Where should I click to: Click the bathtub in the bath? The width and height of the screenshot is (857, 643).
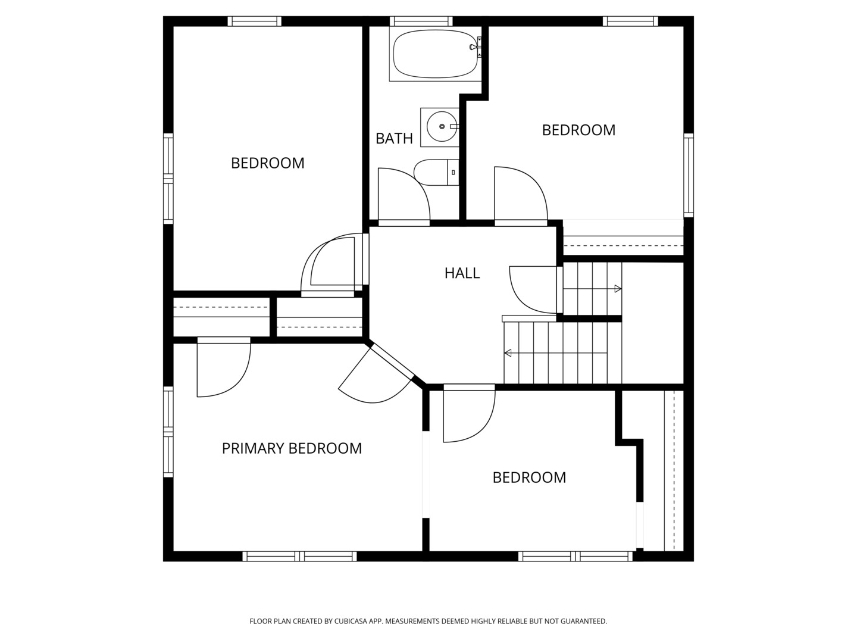(x=435, y=54)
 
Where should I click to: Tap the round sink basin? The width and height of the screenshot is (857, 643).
(x=442, y=126)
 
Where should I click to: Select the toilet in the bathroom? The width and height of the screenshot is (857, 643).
(x=436, y=172)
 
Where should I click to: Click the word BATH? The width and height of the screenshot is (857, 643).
(x=394, y=139)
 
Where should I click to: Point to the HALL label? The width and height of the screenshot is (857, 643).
(x=462, y=273)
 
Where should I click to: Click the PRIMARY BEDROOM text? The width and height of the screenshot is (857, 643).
(x=292, y=448)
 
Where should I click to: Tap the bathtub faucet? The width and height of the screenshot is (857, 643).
(x=476, y=47)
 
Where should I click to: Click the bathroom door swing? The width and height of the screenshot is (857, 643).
(x=404, y=194)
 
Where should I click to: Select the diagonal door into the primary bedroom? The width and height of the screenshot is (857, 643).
(x=375, y=374)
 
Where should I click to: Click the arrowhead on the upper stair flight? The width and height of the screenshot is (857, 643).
(x=618, y=289)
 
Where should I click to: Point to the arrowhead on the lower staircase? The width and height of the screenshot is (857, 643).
(x=508, y=353)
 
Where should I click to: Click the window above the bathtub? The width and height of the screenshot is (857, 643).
(x=421, y=21)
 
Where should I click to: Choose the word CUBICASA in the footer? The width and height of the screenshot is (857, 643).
(x=351, y=621)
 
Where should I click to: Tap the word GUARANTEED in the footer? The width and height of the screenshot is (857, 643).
(x=584, y=621)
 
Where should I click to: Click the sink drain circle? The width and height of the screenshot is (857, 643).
(x=442, y=126)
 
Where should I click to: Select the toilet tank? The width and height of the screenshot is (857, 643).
(x=453, y=172)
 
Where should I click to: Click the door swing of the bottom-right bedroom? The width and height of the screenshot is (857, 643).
(x=469, y=416)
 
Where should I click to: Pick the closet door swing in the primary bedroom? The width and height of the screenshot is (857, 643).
(x=223, y=370)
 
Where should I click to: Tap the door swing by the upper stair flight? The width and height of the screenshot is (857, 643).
(x=533, y=290)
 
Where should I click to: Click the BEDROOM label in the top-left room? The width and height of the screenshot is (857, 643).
(x=267, y=163)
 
